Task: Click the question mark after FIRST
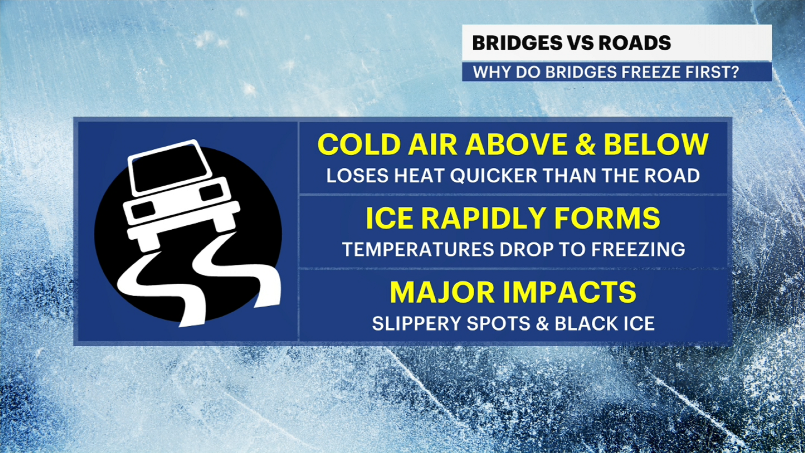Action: [x=734, y=72]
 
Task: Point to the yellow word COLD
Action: [x=359, y=145]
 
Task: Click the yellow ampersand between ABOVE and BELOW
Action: [x=585, y=145]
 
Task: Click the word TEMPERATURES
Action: [x=418, y=250]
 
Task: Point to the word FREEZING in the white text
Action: [x=638, y=250]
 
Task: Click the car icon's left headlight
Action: [x=143, y=210]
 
